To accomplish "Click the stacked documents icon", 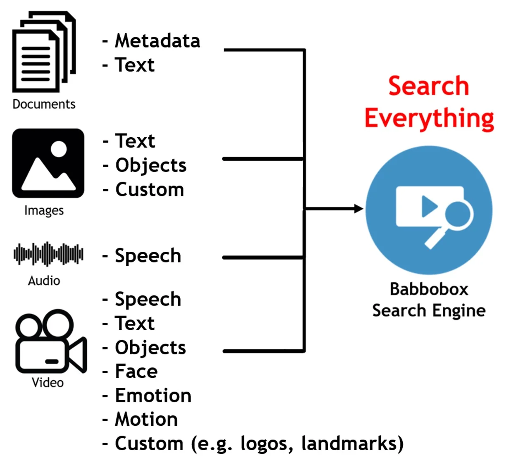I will click(43, 52).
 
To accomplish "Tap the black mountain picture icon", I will click(48, 163).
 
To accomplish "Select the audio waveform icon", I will click(48, 254).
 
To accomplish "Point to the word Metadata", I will click(157, 41).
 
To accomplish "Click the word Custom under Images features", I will click(149, 190).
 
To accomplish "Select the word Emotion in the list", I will click(153, 396).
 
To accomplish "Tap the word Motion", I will click(146, 420).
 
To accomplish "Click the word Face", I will click(136, 371).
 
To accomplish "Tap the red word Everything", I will click(429, 119).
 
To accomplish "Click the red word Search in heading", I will click(428, 86).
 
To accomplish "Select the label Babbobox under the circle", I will click(429, 289).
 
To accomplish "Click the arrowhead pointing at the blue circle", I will click(358, 209).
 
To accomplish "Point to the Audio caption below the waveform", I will click(44, 281).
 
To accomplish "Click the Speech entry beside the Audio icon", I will click(148, 256).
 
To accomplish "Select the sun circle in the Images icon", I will click(59, 149).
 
